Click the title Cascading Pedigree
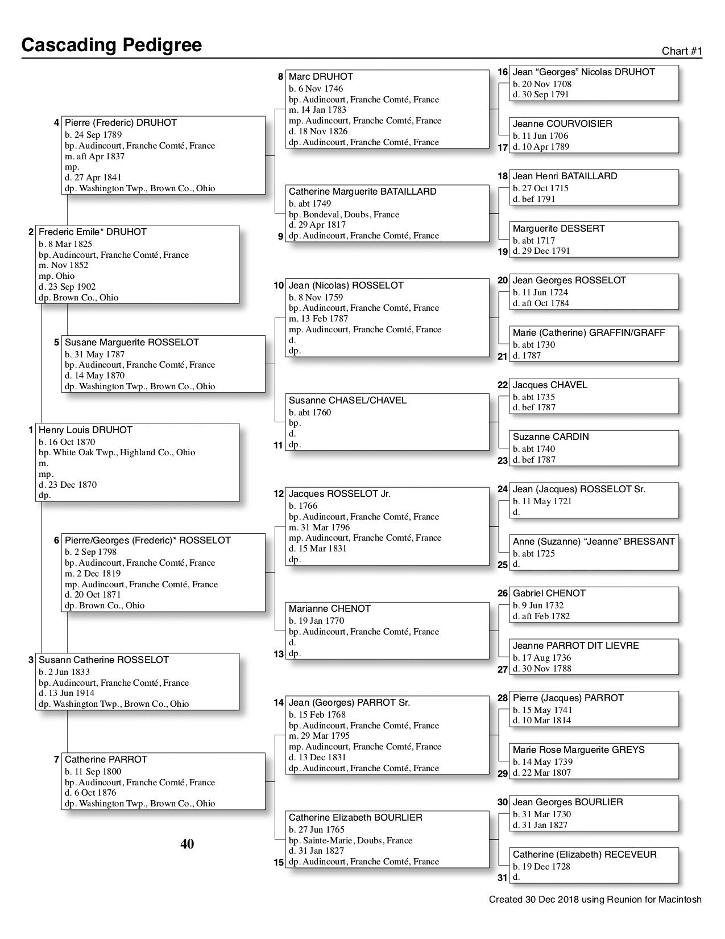(x=111, y=45)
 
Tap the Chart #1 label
(x=682, y=51)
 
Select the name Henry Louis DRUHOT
(x=85, y=430)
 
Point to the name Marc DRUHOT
(x=321, y=76)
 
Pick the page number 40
(x=187, y=844)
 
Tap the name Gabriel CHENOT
(x=549, y=593)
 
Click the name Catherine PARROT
(x=106, y=759)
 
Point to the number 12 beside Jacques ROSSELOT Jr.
(x=279, y=494)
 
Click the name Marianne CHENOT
(x=329, y=608)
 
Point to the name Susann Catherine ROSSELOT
(x=103, y=660)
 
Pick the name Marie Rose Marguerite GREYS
(x=578, y=749)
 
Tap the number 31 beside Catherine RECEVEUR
(x=503, y=878)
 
